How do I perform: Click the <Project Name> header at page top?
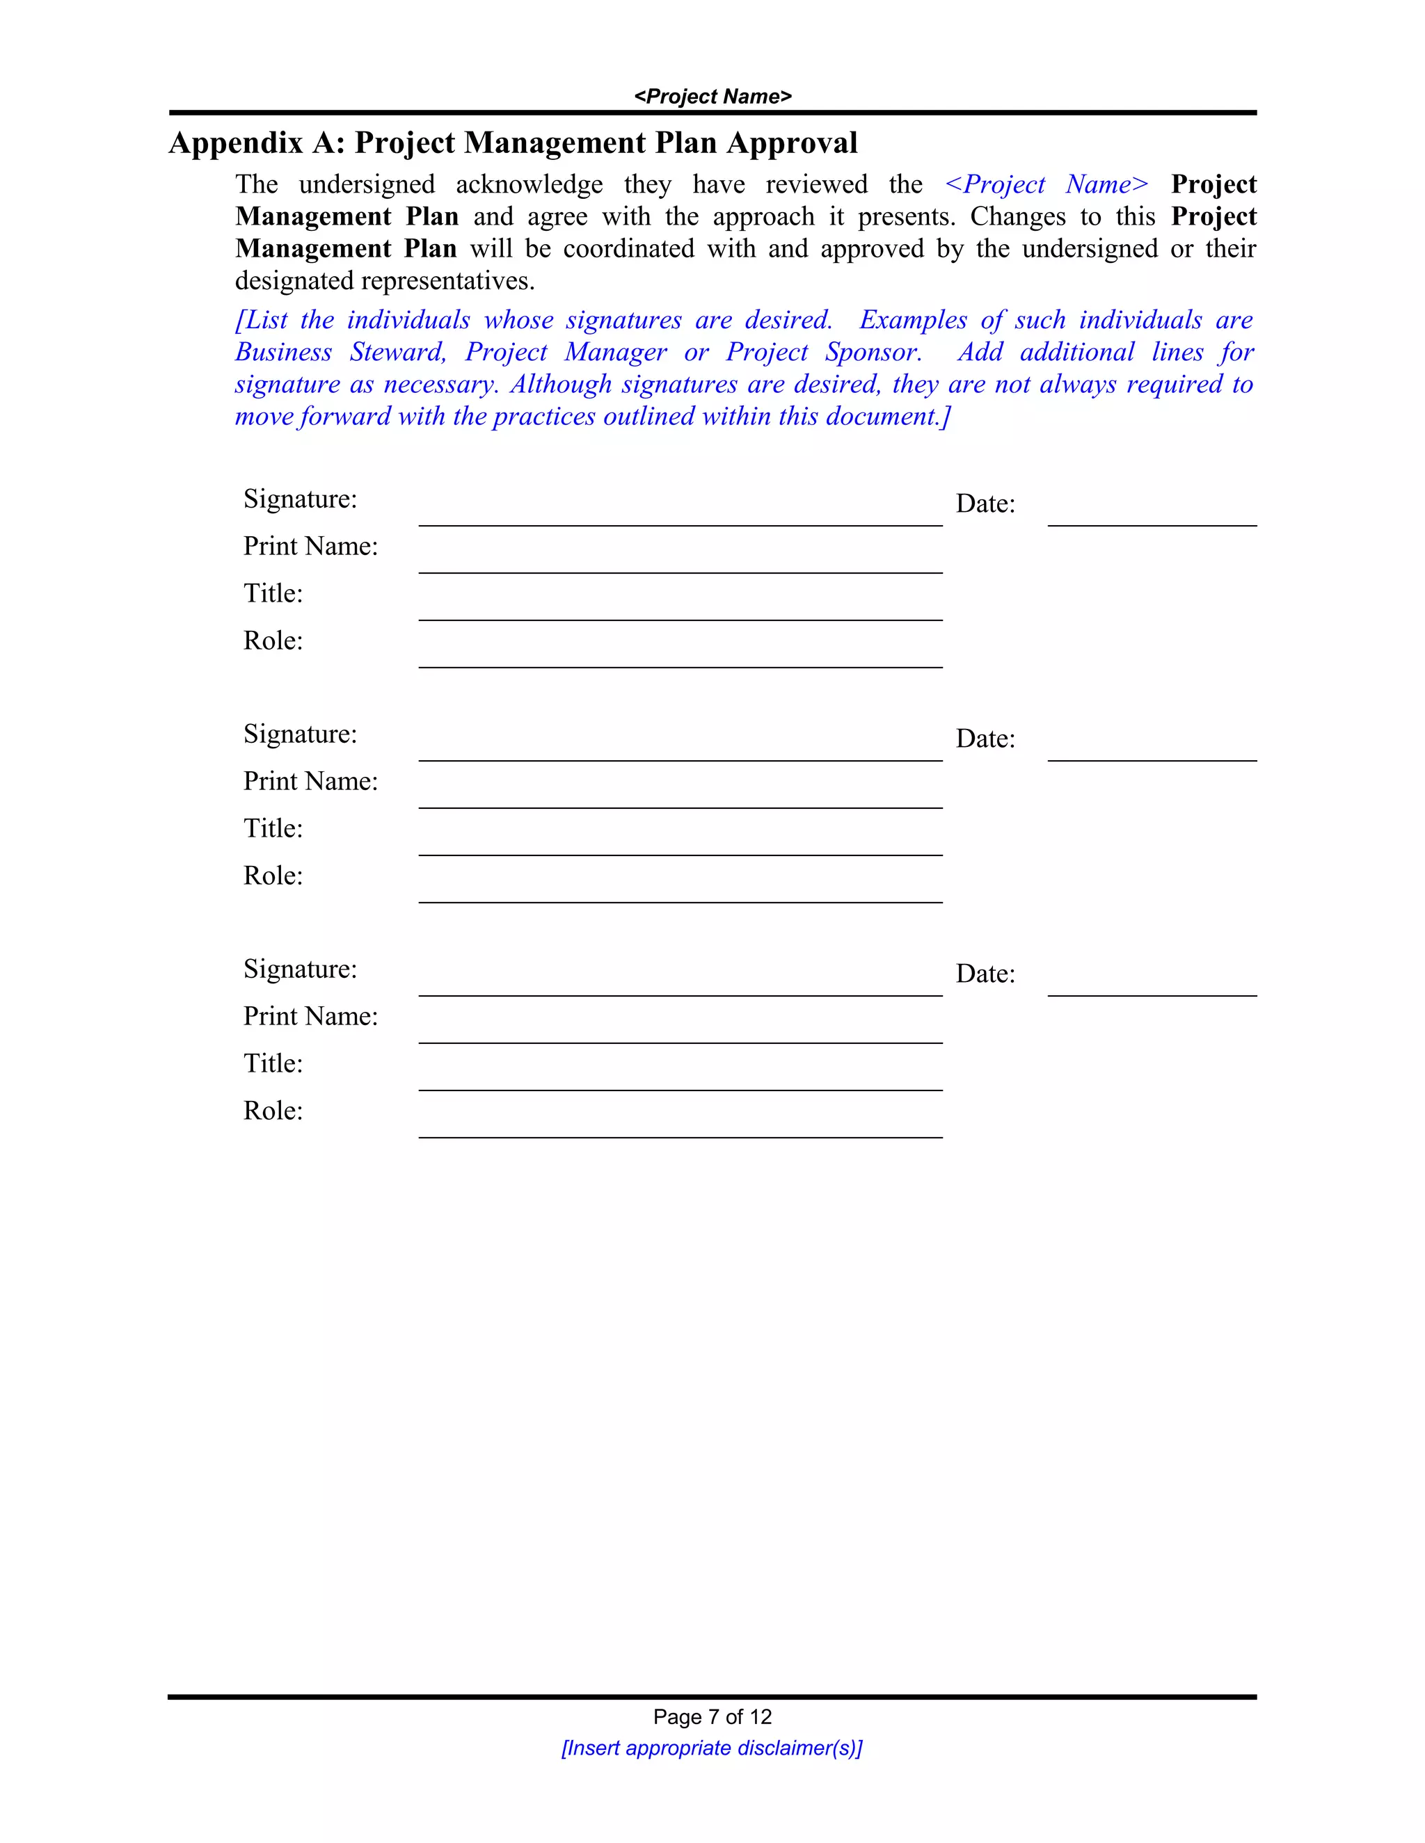(x=712, y=96)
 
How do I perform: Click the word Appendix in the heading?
(x=236, y=143)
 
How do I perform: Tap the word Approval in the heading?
(x=792, y=143)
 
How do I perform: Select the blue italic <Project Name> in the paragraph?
(x=1046, y=184)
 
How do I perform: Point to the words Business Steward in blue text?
(x=340, y=352)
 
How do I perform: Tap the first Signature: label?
(x=300, y=499)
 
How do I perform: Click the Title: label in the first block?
(x=273, y=593)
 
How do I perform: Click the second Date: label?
(x=985, y=739)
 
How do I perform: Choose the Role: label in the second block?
(x=273, y=875)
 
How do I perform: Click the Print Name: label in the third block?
(x=310, y=1016)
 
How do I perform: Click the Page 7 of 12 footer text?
(x=712, y=1716)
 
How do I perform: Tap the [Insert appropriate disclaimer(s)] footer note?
(x=712, y=1748)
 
